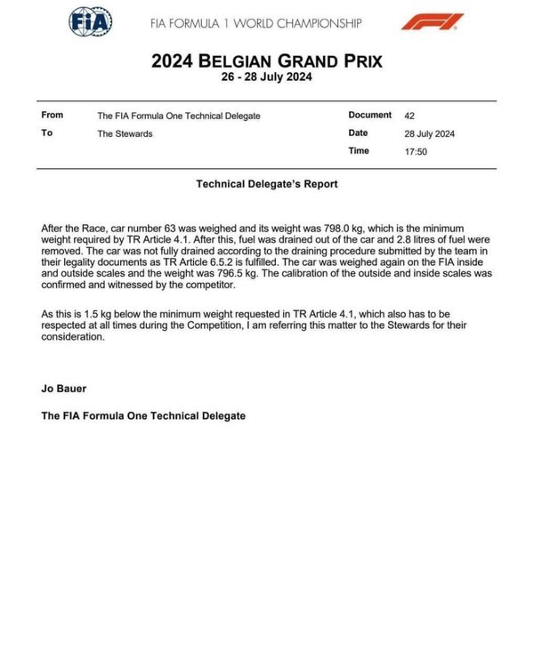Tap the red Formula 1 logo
(431, 21)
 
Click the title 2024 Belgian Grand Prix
(267, 61)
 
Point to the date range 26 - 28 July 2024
(267, 77)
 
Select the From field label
(53, 116)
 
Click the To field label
(47, 133)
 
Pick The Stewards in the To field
(124, 134)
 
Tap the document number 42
(409, 116)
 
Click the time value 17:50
(415, 151)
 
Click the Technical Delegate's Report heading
(267, 185)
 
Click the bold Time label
(359, 151)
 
